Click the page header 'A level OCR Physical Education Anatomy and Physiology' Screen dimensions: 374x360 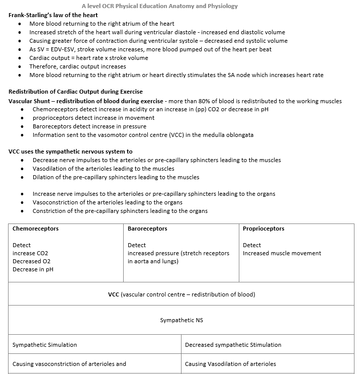click(159, 6)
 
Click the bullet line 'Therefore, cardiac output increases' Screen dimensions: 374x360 click(77, 66)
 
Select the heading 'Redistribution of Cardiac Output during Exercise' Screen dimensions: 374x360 click(75, 92)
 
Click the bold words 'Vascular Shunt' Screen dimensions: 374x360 click(28, 101)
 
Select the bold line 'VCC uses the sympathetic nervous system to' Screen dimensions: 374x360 click(70, 152)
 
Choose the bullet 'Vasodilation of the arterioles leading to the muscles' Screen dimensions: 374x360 click(104, 169)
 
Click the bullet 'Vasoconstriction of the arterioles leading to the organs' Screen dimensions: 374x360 click(108, 202)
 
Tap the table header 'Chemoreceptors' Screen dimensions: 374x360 click(35, 229)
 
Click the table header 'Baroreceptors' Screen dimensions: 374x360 click(147, 229)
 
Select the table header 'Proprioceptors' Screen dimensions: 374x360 click(263, 229)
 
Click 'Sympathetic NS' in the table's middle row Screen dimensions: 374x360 click(182, 320)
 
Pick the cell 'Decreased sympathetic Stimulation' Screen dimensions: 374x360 click(233, 345)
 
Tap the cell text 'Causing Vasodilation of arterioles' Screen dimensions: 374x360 click(230, 364)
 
